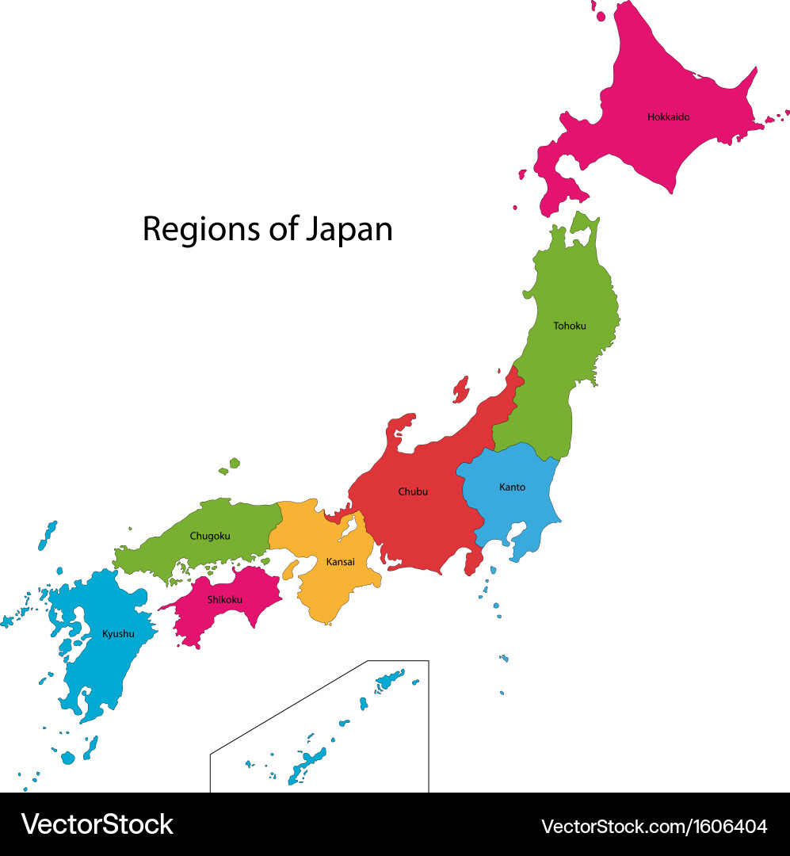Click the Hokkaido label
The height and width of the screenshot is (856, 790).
(668, 117)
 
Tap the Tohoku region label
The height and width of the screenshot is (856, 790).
(570, 326)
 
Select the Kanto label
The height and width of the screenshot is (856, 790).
(512, 487)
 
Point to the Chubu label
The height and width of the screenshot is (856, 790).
(413, 491)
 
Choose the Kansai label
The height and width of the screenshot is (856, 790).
(341, 562)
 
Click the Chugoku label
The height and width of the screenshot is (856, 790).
(210, 536)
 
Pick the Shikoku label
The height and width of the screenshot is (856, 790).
(225, 599)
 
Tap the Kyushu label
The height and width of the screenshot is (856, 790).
(118, 633)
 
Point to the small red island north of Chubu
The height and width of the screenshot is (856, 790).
(460, 389)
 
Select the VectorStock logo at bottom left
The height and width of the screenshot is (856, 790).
(97, 824)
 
